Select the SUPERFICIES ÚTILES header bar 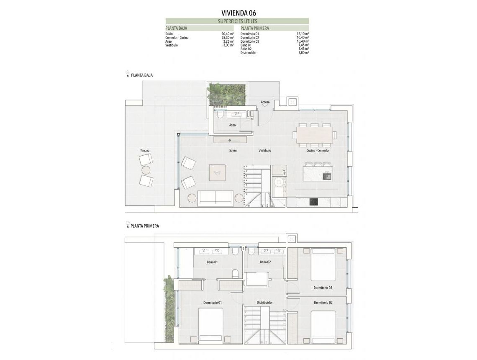click(237, 21)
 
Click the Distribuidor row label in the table click(249, 53)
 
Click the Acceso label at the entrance click(265, 102)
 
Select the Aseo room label click(232, 125)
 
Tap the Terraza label click(145, 150)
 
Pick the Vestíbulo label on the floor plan click(264, 150)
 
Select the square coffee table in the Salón click(217, 172)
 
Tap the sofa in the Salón click(215, 198)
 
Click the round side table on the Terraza click(146, 170)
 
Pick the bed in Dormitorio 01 click(210, 325)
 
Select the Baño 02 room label click(265, 262)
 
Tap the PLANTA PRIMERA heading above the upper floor click(144, 226)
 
